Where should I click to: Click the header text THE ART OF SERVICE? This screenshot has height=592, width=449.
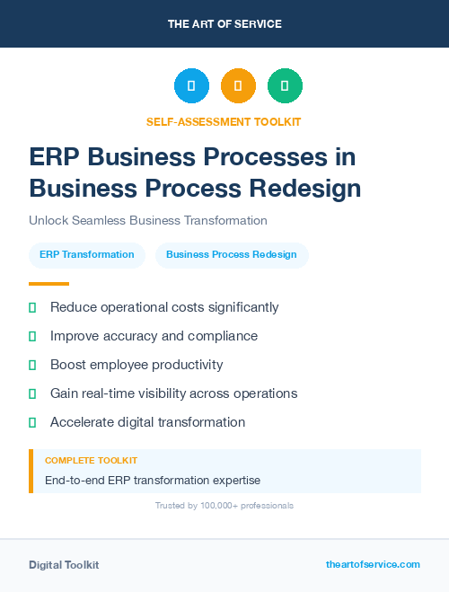pyautogui.click(x=224, y=24)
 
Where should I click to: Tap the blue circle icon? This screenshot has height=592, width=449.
pyautogui.click(x=191, y=86)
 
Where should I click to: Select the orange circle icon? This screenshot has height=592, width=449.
pyautogui.click(x=238, y=86)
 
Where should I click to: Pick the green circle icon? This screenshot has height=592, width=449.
pyautogui.click(x=285, y=86)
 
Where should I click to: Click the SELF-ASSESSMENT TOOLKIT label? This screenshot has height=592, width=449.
pyautogui.click(x=224, y=122)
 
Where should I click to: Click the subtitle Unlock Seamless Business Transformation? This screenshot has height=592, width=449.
pyautogui.click(x=148, y=220)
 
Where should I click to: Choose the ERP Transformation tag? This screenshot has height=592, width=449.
pyautogui.click(x=87, y=255)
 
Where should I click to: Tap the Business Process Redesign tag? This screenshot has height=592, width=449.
pyautogui.click(x=232, y=255)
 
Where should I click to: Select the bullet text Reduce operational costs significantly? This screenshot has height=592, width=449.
pyautogui.click(x=164, y=307)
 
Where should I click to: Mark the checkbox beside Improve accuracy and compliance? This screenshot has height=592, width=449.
pyautogui.click(x=32, y=336)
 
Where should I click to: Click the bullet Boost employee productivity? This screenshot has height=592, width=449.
pyautogui.click(x=136, y=365)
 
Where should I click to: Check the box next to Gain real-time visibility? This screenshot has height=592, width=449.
pyautogui.click(x=32, y=393)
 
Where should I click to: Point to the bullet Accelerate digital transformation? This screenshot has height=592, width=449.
pyautogui.click(x=147, y=422)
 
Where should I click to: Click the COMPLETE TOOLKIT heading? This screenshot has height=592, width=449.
pyautogui.click(x=91, y=460)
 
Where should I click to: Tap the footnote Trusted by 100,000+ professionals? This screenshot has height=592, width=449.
pyautogui.click(x=224, y=506)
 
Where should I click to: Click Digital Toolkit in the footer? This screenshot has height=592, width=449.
pyautogui.click(x=64, y=565)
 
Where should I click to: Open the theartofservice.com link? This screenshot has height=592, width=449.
pyautogui.click(x=373, y=564)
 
